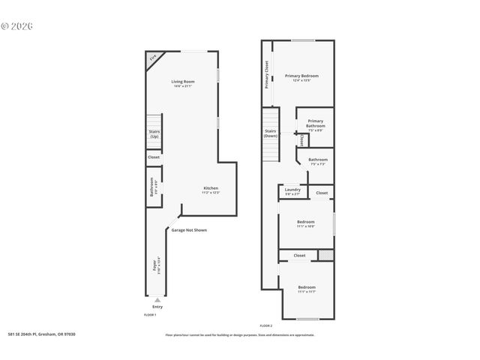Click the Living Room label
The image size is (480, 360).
(x=182, y=81)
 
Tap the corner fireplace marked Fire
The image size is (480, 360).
(x=154, y=58)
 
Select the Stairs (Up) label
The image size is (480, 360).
(x=154, y=134)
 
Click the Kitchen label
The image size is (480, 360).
(x=211, y=187)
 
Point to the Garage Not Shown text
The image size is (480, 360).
(x=189, y=230)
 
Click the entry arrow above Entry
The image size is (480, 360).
(x=157, y=300)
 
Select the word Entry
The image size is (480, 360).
(x=157, y=307)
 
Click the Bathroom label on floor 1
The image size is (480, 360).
(x=152, y=186)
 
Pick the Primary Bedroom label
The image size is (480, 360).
(x=301, y=76)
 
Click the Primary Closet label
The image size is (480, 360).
(x=266, y=75)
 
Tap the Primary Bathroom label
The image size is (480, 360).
(x=316, y=123)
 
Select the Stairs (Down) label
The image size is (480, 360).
(x=271, y=133)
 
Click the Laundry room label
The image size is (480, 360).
(x=292, y=190)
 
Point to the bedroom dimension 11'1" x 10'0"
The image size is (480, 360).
(x=306, y=226)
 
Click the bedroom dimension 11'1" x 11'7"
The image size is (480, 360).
(x=306, y=292)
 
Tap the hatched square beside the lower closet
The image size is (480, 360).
(x=325, y=255)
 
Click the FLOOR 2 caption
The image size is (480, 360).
(x=265, y=325)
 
